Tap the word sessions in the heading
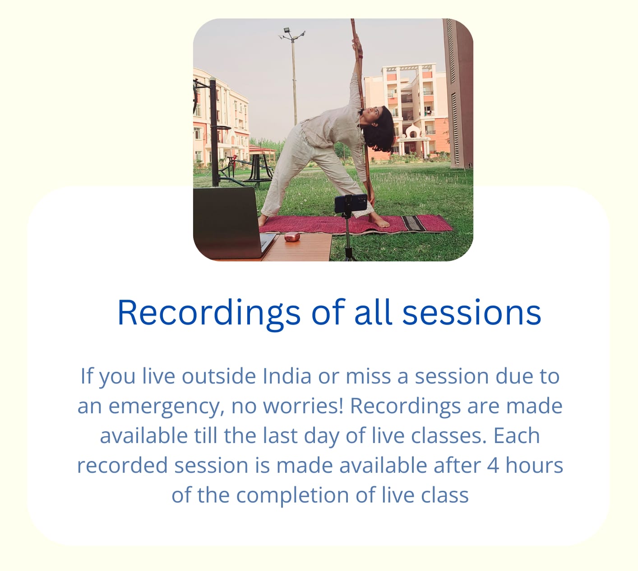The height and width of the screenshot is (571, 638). pyautogui.click(x=472, y=313)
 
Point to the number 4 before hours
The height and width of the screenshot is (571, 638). pyautogui.click(x=493, y=465)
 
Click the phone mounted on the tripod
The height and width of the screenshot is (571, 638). pyautogui.click(x=350, y=203)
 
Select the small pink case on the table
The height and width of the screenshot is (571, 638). pyautogui.click(x=292, y=237)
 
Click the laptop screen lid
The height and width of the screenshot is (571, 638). pyautogui.click(x=227, y=223)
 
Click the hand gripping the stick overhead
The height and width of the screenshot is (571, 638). pyautogui.click(x=357, y=44)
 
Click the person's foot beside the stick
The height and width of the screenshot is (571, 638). pyautogui.click(x=379, y=220)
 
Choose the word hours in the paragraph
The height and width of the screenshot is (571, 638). pyautogui.click(x=534, y=465)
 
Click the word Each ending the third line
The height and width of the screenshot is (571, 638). pyautogui.click(x=517, y=435)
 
